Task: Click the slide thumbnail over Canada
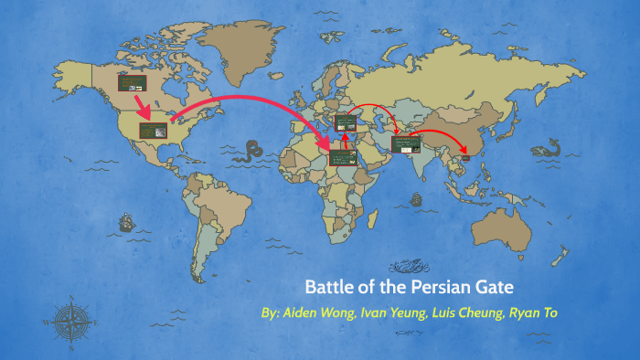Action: click(x=132, y=82)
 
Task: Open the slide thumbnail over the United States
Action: click(x=153, y=130)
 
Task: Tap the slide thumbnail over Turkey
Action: click(x=347, y=122)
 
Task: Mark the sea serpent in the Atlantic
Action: click(x=248, y=150)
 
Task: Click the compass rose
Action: click(x=69, y=321)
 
